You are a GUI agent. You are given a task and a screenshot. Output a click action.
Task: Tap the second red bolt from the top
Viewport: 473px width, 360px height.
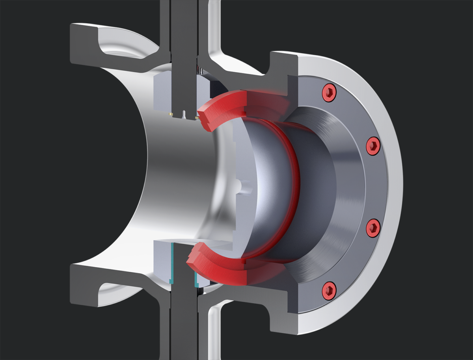tap(373, 147)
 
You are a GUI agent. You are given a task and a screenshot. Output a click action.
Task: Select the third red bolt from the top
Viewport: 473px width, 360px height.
tap(373, 228)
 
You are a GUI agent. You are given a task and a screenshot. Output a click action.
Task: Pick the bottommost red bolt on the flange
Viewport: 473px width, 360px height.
tap(329, 290)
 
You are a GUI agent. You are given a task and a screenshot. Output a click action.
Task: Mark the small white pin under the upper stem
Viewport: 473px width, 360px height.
tap(184, 114)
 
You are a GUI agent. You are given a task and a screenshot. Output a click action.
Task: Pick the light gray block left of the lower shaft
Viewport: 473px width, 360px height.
tap(162, 262)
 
